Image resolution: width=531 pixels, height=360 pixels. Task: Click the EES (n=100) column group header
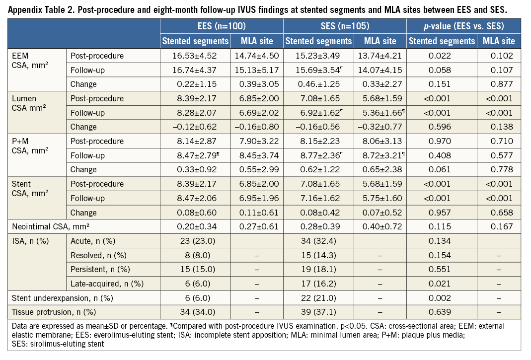click(x=222, y=27)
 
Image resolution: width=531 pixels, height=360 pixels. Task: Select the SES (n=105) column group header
click(x=345, y=27)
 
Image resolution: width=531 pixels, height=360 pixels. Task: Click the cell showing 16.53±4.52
click(x=196, y=56)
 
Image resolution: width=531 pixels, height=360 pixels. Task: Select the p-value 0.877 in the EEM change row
click(x=499, y=84)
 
